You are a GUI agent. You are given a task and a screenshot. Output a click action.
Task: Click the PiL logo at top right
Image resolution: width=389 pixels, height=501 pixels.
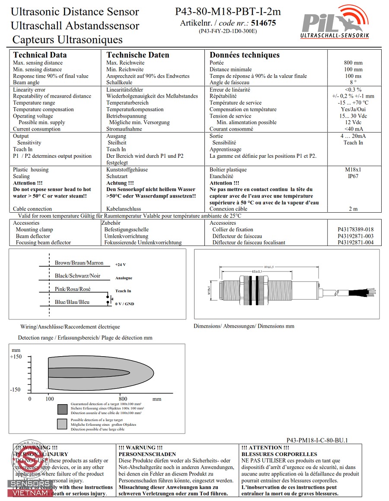point(335,24)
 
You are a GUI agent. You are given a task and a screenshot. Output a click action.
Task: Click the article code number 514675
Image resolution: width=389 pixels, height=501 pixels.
point(263,23)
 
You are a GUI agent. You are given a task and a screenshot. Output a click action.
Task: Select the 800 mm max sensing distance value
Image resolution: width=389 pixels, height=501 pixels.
point(353,63)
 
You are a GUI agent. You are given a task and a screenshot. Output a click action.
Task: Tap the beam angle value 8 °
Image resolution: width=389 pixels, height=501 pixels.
point(353,83)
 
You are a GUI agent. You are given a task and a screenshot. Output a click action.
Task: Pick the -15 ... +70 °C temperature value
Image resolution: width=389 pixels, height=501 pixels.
point(353,103)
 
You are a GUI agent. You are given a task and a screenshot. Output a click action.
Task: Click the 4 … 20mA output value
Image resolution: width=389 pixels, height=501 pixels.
point(353,136)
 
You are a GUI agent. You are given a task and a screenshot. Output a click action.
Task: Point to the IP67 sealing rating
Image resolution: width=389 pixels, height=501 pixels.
point(353,176)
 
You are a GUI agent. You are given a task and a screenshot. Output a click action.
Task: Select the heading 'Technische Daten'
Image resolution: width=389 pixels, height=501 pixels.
point(137,55)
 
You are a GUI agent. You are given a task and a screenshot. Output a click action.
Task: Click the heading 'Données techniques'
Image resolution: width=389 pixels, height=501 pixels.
point(244,55)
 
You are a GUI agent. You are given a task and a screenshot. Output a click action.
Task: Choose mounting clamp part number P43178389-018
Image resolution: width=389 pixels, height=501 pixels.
point(355,230)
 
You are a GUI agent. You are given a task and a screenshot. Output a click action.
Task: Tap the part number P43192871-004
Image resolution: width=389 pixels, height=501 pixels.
point(355,243)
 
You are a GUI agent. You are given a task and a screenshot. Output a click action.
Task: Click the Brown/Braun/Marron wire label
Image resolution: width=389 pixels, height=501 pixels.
point(79,263)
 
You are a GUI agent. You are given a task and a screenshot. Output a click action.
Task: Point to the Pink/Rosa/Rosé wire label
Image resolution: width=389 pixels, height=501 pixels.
point(73,289)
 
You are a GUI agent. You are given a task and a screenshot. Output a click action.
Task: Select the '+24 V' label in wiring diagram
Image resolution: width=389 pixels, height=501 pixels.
point(121,265)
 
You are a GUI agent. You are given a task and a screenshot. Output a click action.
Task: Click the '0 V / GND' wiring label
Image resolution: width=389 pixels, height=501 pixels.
point(124,304)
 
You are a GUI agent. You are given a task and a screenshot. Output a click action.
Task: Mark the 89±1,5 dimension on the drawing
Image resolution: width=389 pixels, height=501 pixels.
point(268,267)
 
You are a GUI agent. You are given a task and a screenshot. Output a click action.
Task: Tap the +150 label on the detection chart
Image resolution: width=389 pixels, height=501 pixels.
point(16,357)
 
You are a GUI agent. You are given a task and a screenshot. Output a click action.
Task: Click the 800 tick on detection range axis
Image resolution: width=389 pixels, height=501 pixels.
point(123,399)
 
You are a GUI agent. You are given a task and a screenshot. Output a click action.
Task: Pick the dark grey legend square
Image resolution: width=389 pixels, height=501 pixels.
point(62,408)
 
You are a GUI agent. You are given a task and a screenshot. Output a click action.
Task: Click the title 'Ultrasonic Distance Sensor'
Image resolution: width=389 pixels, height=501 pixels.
point(75,12)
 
